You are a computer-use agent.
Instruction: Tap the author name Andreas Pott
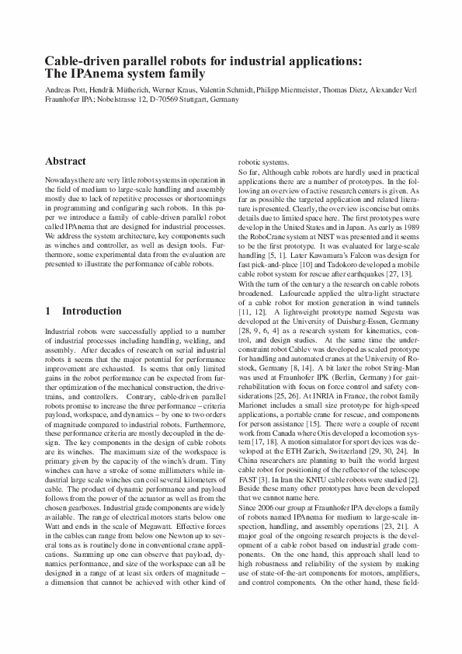[x=66, y=90]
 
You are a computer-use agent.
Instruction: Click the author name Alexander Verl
[x=396, y=90]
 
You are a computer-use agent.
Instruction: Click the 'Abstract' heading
[x=66, y=162]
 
